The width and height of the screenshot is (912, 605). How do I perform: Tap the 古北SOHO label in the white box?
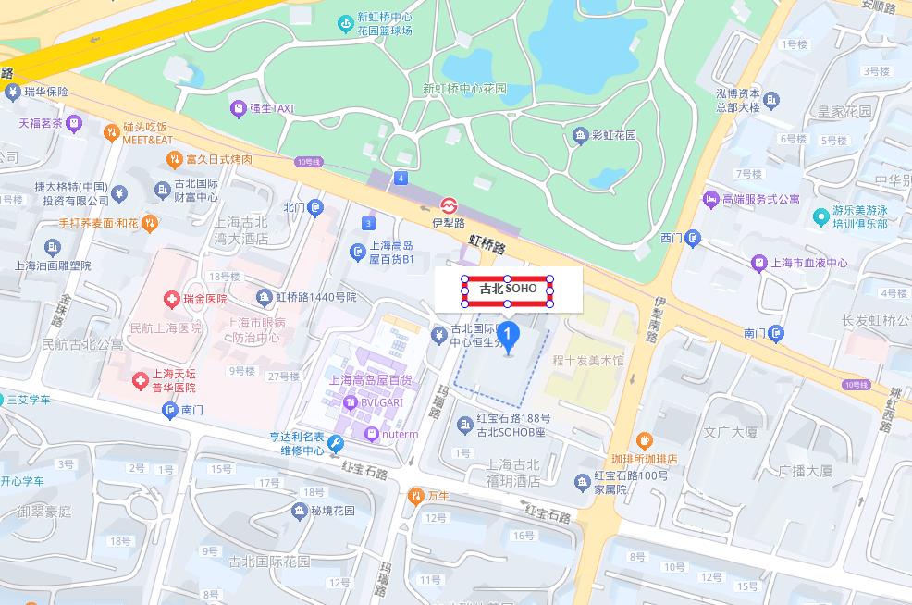[508, 290]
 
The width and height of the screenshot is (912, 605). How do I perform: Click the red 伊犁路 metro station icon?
[449, 205]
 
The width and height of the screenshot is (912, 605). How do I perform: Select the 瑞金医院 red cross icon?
[171, 299]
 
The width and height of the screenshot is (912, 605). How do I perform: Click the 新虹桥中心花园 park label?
[464, 89]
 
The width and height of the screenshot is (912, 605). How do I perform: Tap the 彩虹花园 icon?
[580, 136]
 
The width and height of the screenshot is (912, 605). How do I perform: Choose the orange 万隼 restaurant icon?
[415, 496]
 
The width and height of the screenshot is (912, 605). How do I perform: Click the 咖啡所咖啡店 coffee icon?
[645, 440]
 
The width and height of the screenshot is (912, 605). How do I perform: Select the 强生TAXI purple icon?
[239, 108]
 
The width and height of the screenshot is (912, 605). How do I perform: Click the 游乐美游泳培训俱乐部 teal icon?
[820, 216]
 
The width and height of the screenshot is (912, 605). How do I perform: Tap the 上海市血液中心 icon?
[759, 263]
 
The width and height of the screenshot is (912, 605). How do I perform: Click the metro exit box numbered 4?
[401, 177]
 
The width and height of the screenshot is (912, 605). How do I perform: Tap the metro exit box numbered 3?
[369, 223]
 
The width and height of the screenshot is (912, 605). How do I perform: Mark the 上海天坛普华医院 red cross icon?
[140, 380]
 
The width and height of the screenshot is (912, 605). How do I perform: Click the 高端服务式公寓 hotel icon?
[710, 199]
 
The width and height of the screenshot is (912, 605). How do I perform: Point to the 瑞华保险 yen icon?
[12, 92]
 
